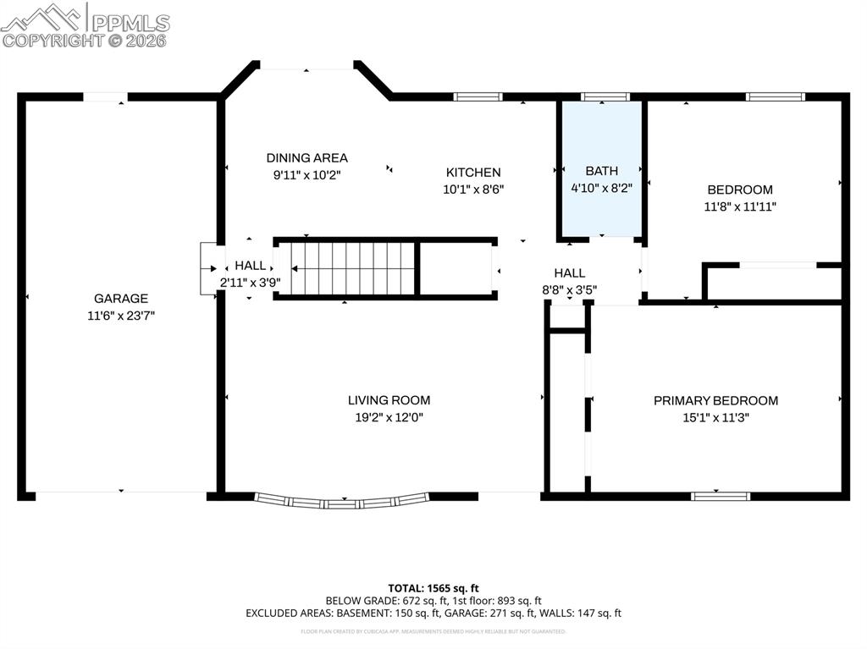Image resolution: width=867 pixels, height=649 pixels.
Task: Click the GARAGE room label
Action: coord(120,298)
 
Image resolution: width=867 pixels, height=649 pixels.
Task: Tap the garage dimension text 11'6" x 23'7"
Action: coord(120,315)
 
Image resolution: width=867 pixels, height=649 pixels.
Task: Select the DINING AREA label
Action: coord(306,157)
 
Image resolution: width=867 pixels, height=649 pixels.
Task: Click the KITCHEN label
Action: coord(473,173)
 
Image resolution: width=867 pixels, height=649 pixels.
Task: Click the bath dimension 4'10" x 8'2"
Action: coord(601,188)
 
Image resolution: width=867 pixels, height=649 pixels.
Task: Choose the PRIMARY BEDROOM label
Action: coord(715,400)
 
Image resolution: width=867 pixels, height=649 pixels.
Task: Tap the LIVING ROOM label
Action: coord(389,400)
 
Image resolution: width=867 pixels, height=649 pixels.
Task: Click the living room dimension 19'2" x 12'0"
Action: coord(389,417)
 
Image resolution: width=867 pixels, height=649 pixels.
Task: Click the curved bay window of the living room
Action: coord(342,501)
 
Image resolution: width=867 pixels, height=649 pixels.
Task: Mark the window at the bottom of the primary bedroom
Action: coord(720,496)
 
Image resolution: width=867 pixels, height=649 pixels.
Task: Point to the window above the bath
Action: coord(605,96)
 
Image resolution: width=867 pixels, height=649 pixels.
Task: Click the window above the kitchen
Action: coord(478,96)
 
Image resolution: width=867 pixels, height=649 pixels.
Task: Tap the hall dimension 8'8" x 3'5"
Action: coord(569,289)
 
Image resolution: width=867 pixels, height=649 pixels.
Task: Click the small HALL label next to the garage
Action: coord(250,266)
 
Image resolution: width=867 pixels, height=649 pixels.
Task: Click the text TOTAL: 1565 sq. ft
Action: coord(433,587)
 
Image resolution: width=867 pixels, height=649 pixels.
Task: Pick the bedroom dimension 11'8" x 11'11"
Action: coord(741,206)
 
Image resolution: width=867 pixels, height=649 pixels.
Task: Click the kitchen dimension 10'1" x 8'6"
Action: coord(473,190)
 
